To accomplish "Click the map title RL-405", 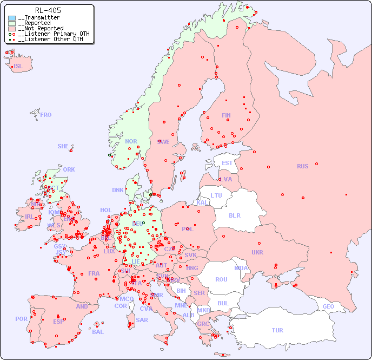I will (48, 10).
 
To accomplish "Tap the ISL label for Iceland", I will (18, 67).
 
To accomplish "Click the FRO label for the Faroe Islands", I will (46, 115).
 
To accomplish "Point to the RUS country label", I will (302, 166).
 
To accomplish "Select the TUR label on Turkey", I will (277, 330).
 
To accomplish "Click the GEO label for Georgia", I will (328, 306).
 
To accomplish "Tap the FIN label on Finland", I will (226, 115).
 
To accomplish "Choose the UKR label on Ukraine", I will (257, 252).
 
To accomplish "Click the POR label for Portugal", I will (21, 319).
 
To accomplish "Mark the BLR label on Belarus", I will (234, 215).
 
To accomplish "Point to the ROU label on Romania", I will (221, 279).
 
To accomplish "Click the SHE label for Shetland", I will (63, 146).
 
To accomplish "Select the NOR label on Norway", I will (131, 141).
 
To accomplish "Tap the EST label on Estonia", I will (227, 163).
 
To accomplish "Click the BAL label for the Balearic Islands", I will (98, 332).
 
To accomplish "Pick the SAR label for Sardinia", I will (142, 320).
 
